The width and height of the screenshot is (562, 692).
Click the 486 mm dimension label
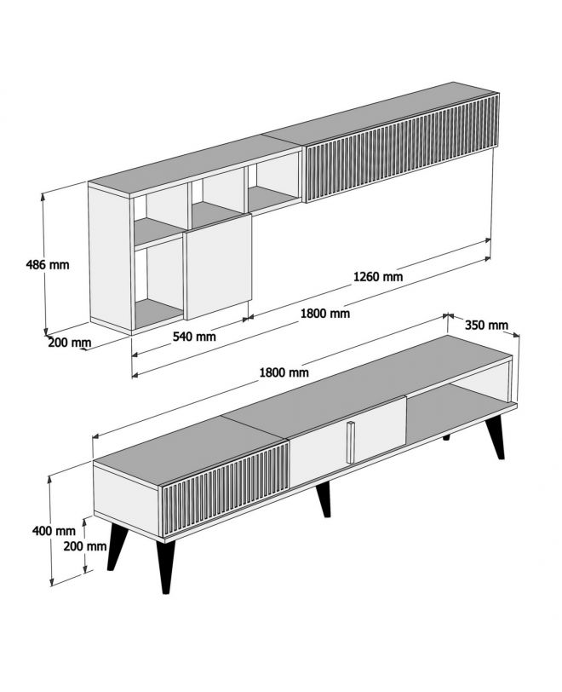(48, 265)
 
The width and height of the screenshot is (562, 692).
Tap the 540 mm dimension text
(194, 337)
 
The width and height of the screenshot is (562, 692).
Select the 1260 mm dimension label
(378, 277)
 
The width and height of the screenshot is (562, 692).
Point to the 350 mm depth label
(486, 326)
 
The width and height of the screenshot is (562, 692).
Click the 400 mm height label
(54, 530)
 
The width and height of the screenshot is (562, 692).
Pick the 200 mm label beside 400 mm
(85, 546)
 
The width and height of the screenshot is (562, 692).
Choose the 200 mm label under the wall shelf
(70, 343)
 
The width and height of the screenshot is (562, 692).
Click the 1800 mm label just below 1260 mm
(325, 314)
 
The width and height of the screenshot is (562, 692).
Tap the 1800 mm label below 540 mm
(284, 372)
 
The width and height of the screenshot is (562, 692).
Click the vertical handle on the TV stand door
(351, 442)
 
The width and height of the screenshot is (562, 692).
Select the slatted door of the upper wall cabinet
(402, 147)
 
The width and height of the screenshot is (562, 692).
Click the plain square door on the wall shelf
(218, 266)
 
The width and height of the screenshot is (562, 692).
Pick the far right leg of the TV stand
(496, 438)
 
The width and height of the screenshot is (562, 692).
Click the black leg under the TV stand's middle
(324, 499)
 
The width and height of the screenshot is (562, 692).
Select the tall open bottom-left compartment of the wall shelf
(158, 285)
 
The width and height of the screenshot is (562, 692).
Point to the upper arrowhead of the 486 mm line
(43, 196)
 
